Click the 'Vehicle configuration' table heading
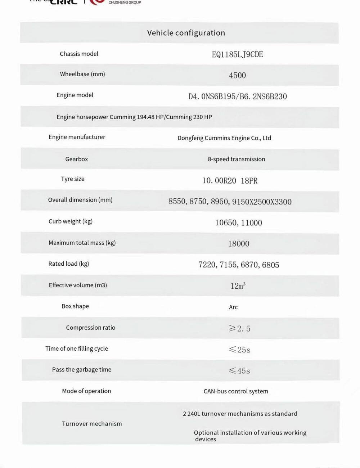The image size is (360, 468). coord(186,33)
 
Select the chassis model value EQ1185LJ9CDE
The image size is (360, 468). coord(237,54)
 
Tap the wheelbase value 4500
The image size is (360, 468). coord(237,75)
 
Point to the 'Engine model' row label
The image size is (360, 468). coord(75,95)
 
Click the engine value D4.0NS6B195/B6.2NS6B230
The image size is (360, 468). coord(238,96)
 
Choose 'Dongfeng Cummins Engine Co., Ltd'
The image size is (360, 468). coord(224,138)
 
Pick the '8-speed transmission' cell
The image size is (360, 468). coord(236,159)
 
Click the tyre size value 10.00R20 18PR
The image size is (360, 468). coord(230,180)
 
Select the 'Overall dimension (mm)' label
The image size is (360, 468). coord(80,200)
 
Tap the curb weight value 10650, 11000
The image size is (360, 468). coord(238,222)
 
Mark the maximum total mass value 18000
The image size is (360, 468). coord(238,244)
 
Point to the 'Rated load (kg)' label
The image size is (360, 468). coord(69,264)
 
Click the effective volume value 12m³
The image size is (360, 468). coord(238,286)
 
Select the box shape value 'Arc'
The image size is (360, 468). coord(233,307)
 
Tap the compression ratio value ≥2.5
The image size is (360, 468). coord(239,328)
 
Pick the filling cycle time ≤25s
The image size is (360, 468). coord(239,350)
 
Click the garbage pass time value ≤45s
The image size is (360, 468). coord(239,370)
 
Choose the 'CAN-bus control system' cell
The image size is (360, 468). coord(236,391)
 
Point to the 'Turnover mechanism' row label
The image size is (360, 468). coord(92,424)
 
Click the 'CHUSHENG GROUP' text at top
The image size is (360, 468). coord(125,3)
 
